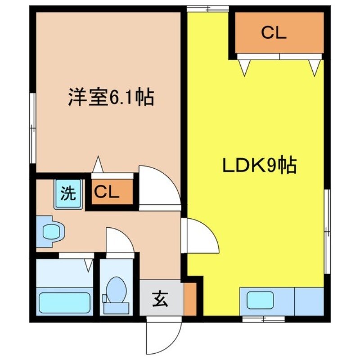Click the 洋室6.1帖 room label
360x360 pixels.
pos(111,97)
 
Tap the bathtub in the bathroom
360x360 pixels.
pos(64,302)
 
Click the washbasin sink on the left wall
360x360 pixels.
pos(49,231)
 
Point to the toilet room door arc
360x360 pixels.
pos(119,241)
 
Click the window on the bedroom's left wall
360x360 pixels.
pos(32,128)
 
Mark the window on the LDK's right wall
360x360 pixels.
pos(328,232)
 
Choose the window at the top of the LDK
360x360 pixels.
pos(207,8)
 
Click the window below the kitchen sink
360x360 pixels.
pos(263,319)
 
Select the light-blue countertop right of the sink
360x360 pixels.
pos(309,301)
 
